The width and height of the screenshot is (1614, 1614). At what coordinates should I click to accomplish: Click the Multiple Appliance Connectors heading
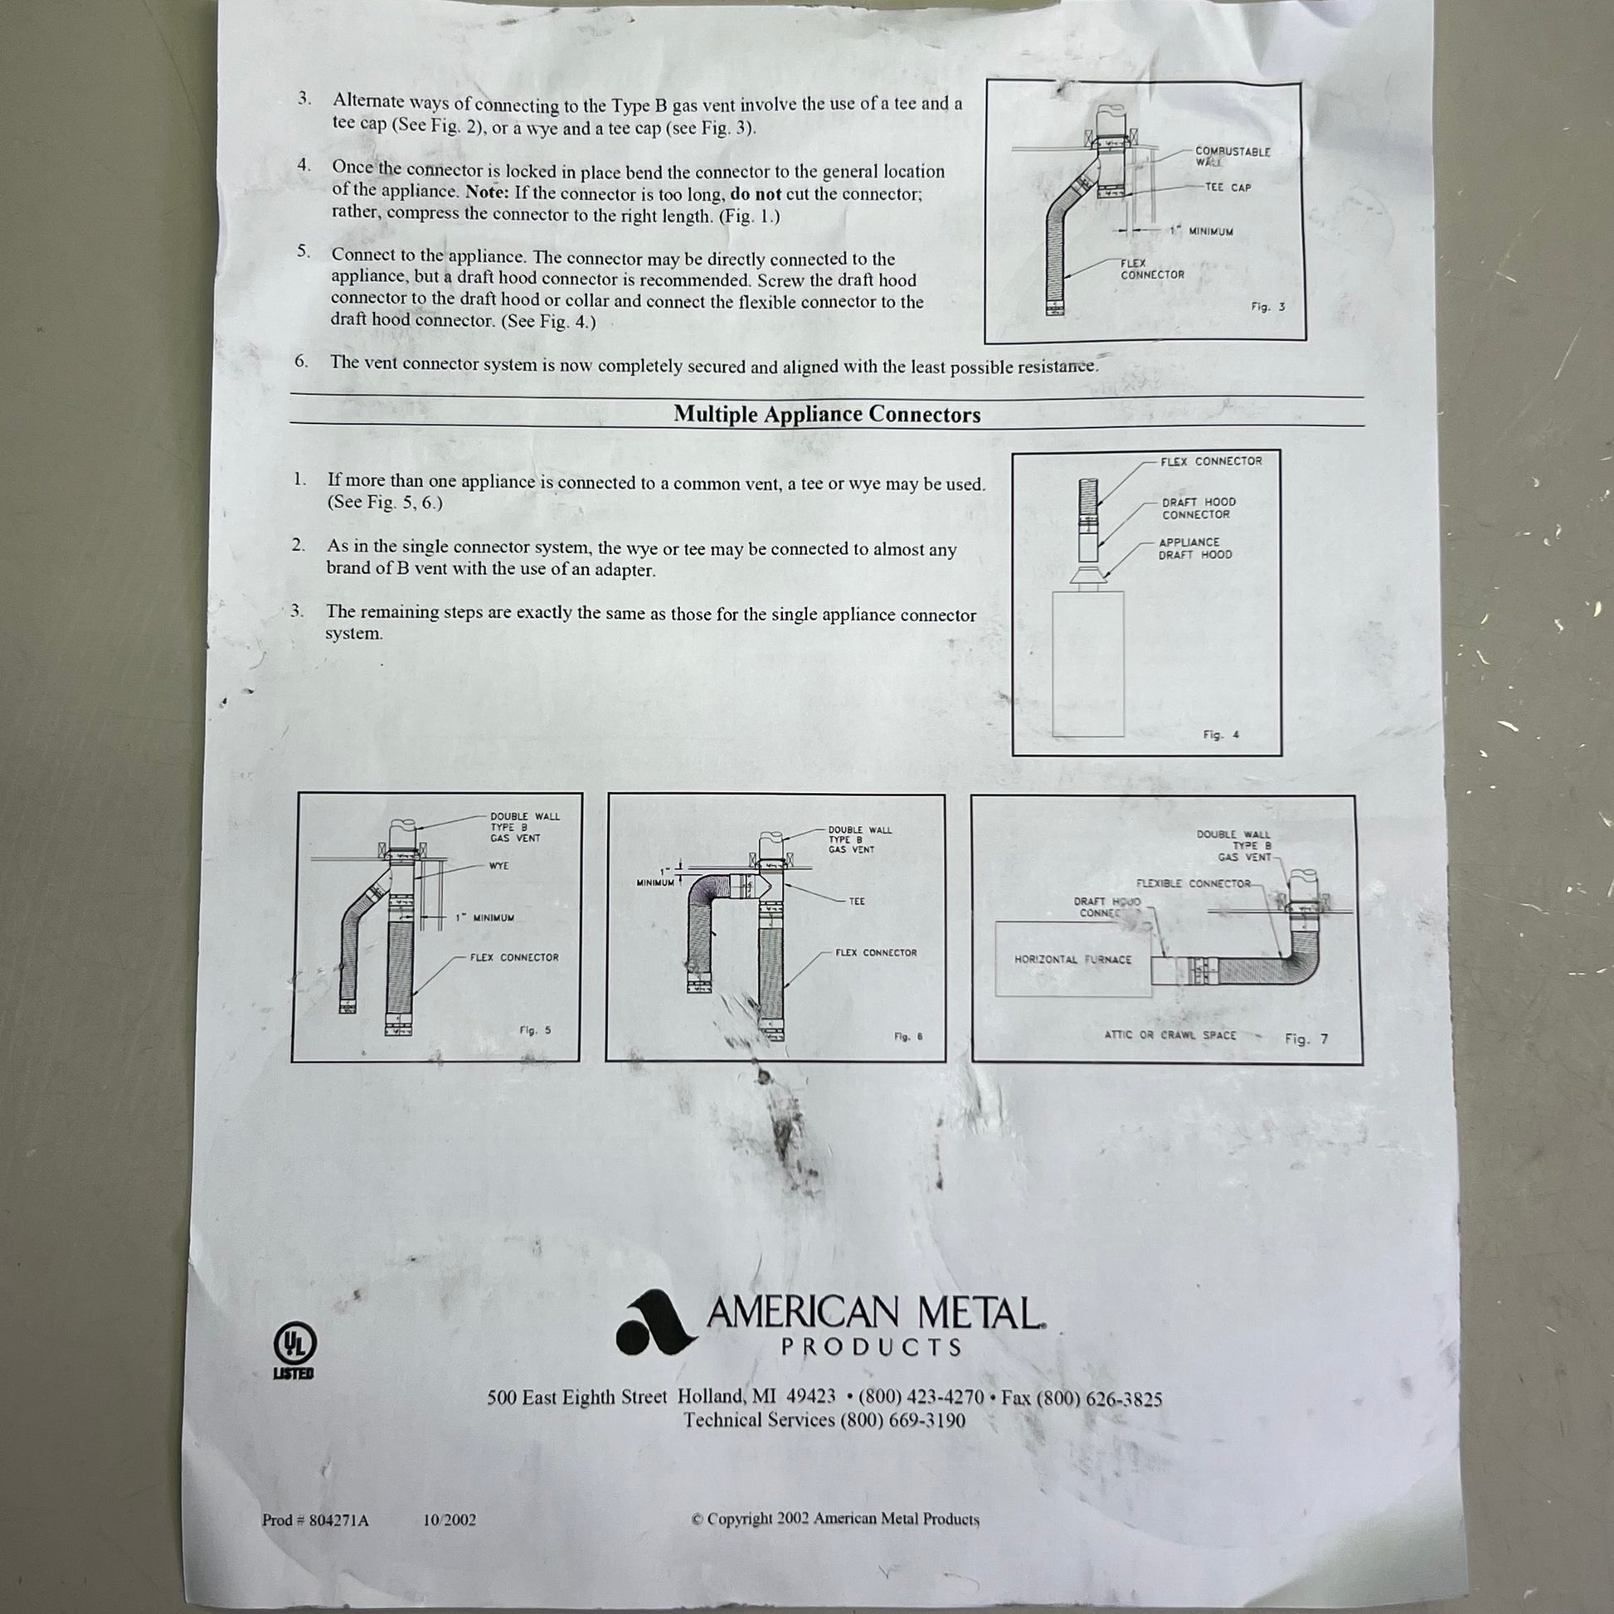827,415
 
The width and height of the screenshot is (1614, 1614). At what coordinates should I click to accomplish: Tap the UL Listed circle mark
296,1347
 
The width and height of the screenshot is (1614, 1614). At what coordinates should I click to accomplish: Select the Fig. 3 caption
1267,307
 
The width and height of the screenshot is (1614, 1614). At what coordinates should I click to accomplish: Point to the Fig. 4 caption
1221,734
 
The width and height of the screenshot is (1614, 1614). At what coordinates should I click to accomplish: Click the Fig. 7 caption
1306,1038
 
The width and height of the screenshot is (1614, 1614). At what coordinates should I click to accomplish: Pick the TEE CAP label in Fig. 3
1228,187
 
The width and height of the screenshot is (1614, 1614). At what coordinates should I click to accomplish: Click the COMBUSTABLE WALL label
1232,156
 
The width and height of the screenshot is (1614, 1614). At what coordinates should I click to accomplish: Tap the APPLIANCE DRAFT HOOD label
1194,548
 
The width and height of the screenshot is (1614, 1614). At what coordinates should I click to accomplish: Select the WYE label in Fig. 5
498,866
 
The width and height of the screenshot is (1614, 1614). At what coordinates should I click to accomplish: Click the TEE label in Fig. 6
856,902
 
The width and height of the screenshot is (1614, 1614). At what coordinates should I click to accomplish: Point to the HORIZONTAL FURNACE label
1072,959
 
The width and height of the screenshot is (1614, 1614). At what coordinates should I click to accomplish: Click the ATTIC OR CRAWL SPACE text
1169,1035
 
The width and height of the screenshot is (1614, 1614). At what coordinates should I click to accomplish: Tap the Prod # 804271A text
315,1519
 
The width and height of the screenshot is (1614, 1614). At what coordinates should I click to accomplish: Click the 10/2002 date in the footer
450,1519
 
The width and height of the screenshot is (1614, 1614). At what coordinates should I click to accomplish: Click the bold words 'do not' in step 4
756,193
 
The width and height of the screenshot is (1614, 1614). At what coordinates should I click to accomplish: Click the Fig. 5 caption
536,1030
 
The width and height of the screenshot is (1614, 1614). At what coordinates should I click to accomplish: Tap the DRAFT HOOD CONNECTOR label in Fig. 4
1198,508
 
